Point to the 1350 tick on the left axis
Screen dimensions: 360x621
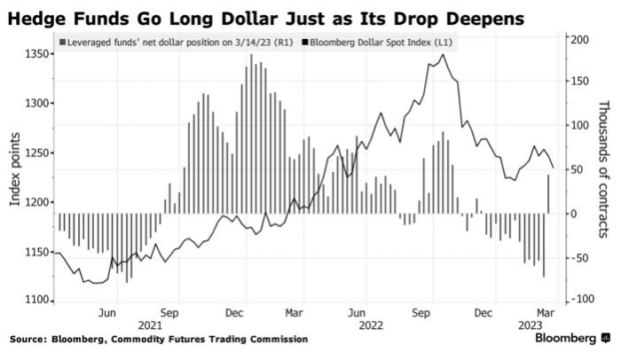coord(35,55)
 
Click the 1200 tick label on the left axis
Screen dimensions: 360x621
coord(35,203)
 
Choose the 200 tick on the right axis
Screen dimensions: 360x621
coord(578,40)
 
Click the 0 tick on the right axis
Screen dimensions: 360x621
coord(573,214)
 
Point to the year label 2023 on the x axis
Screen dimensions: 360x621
coord(531,325)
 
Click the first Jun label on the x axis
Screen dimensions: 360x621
coord(108,312)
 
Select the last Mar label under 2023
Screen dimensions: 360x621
coord(545,312)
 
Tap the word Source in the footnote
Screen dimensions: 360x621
coord(28,340)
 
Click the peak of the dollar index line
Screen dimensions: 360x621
coord(443,55)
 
